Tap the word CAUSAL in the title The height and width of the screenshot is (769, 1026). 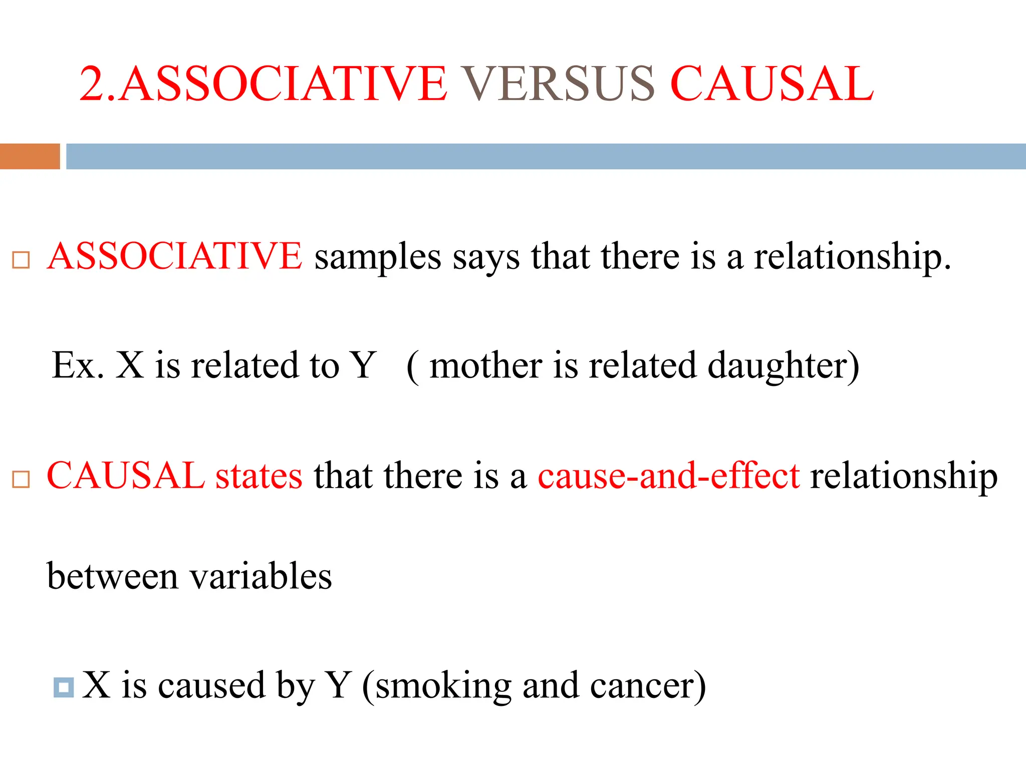click(772, 84)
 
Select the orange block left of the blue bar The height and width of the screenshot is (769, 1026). click(30, 156)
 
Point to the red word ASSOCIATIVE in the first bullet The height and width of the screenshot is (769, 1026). click(174, 256)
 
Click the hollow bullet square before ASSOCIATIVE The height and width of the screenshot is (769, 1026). click(21, 260)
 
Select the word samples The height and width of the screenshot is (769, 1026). click(378, 258)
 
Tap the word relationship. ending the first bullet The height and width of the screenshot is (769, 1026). click(852, 258)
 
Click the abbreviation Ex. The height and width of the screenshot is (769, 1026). click(78, 365)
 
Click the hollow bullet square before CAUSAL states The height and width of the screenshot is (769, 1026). click(21, 479)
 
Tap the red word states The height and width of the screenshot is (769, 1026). click(259, 476)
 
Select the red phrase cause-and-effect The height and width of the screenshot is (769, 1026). click(668, 476)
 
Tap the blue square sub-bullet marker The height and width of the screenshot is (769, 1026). click(64, 687)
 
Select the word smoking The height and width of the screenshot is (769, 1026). click(443, 686)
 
